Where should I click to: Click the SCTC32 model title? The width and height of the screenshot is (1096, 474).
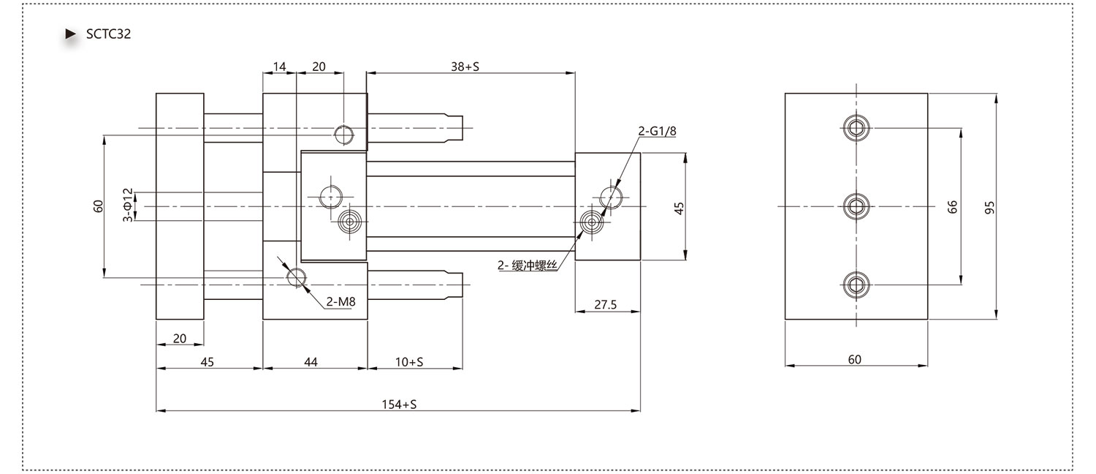tap(108, 34)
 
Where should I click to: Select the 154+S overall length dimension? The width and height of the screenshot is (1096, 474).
tap(399, 405)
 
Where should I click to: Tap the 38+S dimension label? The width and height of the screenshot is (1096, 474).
tap(465, 67)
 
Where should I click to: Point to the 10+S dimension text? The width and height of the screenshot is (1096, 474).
tap(409, 362)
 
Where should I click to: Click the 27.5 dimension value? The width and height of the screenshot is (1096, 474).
tap(605, 304)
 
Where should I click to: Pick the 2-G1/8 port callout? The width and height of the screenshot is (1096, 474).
tap(657, 131)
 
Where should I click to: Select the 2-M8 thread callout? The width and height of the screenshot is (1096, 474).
tap(340, 301)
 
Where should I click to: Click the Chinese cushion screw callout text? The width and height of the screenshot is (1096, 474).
tap(528, 266)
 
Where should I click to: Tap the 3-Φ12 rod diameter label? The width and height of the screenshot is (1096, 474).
tap(128, 205)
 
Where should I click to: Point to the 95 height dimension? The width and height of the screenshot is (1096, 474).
tap(989, 207)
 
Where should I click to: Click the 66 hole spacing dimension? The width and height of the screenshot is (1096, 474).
tap(952, 206)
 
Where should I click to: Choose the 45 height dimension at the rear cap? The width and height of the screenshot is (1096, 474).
tap(679, 208)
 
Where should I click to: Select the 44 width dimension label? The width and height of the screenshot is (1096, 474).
tap(311, 362)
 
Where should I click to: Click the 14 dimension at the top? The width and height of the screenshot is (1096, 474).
tap(279, 67)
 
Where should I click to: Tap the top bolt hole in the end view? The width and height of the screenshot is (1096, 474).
tap(856, 128)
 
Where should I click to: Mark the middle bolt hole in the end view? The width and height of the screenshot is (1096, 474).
tap(856, 206)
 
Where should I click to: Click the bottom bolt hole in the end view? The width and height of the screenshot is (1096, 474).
tap(856, 285)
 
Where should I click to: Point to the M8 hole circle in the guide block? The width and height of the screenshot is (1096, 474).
tap(297, 278)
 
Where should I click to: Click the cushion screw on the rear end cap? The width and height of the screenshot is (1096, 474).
tap(592, 223)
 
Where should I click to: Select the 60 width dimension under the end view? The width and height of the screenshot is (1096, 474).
tap(854, 359)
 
